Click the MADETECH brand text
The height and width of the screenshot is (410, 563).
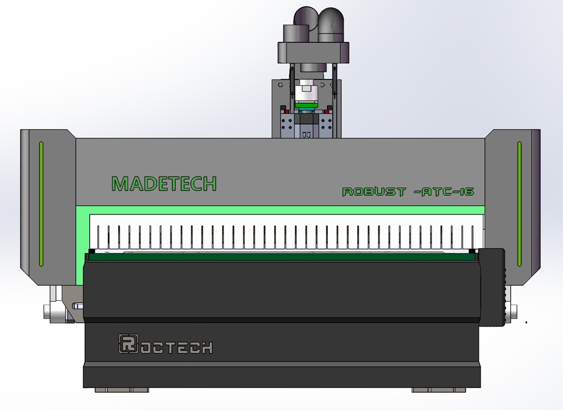164,184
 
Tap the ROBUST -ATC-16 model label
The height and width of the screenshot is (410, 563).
408,192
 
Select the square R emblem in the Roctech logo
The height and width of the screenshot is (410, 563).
128,344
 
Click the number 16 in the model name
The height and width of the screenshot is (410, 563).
467,192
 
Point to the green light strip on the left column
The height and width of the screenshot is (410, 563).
41,204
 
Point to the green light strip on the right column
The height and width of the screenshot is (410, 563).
519,204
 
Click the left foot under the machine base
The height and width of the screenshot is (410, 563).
122,390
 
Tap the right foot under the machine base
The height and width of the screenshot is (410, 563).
439,390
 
